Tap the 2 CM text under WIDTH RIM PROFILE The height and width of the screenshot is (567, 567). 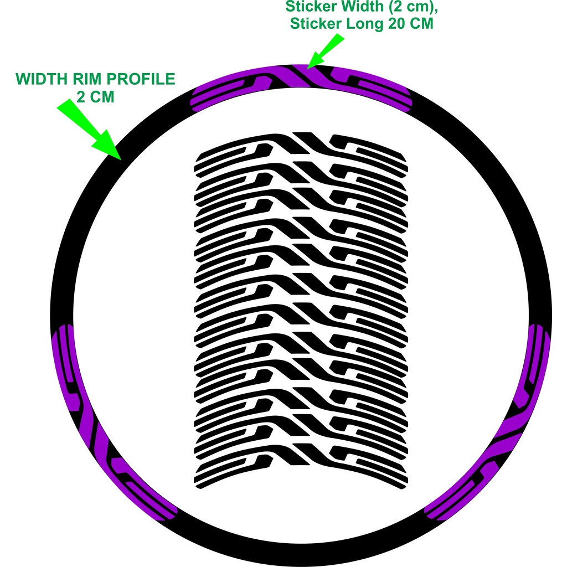click(95, 97)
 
